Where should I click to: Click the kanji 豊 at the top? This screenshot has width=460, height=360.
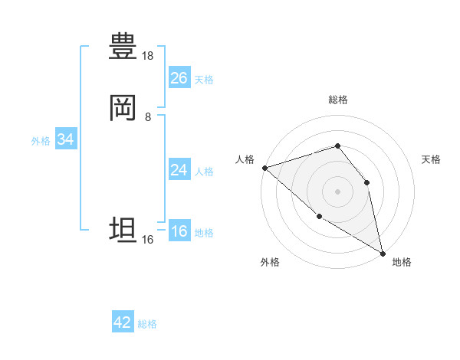click(x=123, y=47)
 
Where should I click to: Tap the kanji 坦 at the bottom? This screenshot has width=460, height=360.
click(x=123, y=230)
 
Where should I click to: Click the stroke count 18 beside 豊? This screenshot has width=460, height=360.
click(x=148, y=56)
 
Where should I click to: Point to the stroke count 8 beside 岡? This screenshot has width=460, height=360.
click(x=148, y=117)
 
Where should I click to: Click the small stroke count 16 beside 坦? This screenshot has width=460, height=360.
click(x=148, y=240)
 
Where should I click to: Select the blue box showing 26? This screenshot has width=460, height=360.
click(x=179, y=78)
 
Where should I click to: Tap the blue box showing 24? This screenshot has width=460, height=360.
click(x=179, y=170)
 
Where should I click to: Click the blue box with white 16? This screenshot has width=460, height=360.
click(x=179, y=231)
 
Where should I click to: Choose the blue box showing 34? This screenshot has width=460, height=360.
click(x=65, y=139)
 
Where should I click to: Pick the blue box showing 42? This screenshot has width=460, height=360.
click(x=123, y=322)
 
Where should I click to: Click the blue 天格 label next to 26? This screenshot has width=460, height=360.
click(x=204, y=80)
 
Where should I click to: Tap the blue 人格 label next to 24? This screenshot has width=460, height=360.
click(x=204, y=172)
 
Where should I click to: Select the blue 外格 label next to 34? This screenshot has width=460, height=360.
click(x=41, y=141)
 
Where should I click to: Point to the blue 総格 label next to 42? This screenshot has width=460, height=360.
click(x=147, y=324)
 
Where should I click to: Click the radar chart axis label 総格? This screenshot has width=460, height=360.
click(x=337, y=100)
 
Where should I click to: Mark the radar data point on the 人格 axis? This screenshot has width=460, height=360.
click(x=264, y=167)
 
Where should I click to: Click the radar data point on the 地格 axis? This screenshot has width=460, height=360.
click(x=383, y=253)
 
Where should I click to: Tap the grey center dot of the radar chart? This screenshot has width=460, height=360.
click(x=337, y=191)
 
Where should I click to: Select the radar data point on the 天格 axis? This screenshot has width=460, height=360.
click(x=366, y=182)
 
